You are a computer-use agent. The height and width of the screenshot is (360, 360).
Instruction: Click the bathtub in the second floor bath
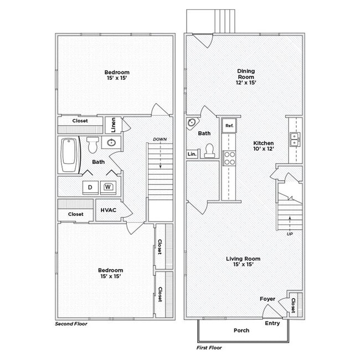coord(69,155)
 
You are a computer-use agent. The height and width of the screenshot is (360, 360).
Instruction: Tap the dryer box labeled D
coord(90,187)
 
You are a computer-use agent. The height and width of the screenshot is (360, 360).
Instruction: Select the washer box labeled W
coord(108,187)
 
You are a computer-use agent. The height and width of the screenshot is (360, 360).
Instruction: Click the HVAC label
coord(108,210)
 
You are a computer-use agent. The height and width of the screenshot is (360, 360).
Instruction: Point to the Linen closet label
coord(113,125)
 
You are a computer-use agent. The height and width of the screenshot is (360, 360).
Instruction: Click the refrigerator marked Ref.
coord(229,126)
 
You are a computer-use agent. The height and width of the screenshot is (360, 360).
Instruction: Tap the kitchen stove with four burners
coord(229,158)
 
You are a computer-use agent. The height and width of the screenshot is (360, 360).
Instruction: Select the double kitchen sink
coord(295,139)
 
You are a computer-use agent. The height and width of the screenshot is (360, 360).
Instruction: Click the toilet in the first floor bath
coord(209,150)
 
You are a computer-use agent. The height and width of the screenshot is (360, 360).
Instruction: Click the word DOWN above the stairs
coord(160,139)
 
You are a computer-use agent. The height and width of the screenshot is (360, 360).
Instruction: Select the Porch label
coord(241,330)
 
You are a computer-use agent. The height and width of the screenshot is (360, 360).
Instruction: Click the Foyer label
coord(268,299)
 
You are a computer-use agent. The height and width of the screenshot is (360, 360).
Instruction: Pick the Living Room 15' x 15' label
coord(243,262)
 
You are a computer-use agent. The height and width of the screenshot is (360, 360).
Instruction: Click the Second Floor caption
coord(71,324)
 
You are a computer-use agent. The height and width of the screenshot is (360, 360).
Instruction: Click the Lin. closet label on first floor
coord(192,154)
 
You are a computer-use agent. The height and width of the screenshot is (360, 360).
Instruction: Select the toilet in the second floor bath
coord(92,145)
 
